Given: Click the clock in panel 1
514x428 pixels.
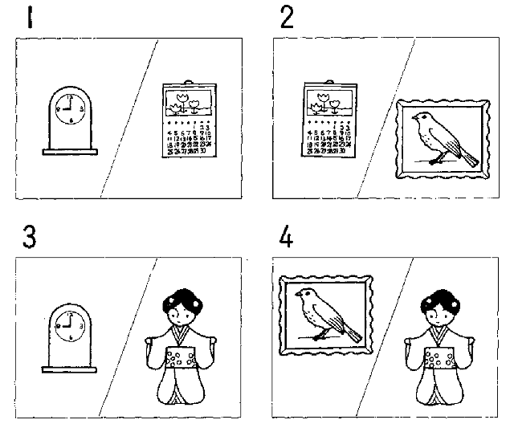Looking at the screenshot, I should [69, 120].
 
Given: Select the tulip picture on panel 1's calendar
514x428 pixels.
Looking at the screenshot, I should [186, 104].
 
